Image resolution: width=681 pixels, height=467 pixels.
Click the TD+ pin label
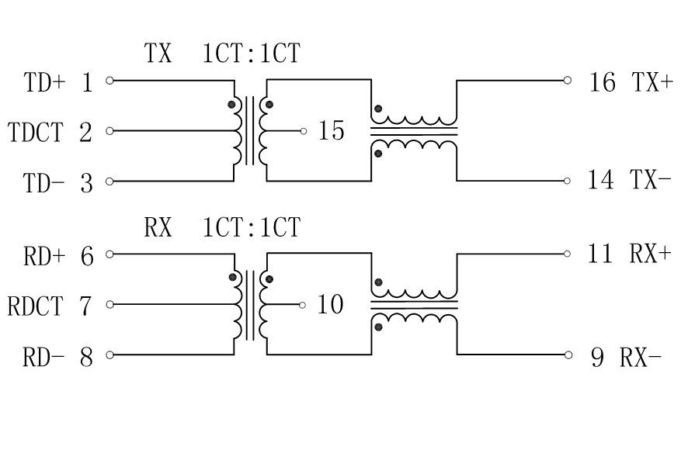pos(45,82)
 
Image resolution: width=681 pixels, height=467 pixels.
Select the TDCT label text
pos(35,133)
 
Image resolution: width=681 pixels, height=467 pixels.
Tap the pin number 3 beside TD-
pos(86,184)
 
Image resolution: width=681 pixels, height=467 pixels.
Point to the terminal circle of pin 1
pos(109,80)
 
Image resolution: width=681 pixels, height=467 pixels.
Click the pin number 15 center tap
pos(331,131)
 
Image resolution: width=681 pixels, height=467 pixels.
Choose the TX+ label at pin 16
pos(652,82)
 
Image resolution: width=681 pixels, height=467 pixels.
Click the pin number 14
pos(601,182)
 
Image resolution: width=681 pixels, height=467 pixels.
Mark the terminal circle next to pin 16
pos(568,80)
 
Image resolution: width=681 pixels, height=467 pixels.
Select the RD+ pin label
pos(45,256)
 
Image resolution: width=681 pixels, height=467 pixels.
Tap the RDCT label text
pos(35,306)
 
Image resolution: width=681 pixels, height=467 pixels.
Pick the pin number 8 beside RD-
pos(86,358)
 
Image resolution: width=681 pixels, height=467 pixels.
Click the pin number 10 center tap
pos(330,305)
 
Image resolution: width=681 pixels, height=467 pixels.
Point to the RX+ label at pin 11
pos(650,254)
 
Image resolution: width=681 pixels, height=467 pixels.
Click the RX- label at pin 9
pos(641,358)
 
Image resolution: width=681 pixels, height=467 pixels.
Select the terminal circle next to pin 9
pos(568,355)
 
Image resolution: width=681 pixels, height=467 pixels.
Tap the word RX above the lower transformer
pos(158,228)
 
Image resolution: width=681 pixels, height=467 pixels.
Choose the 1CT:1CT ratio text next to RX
pos(251,228)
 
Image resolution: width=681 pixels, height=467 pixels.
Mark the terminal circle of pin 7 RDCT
pos(109,304)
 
